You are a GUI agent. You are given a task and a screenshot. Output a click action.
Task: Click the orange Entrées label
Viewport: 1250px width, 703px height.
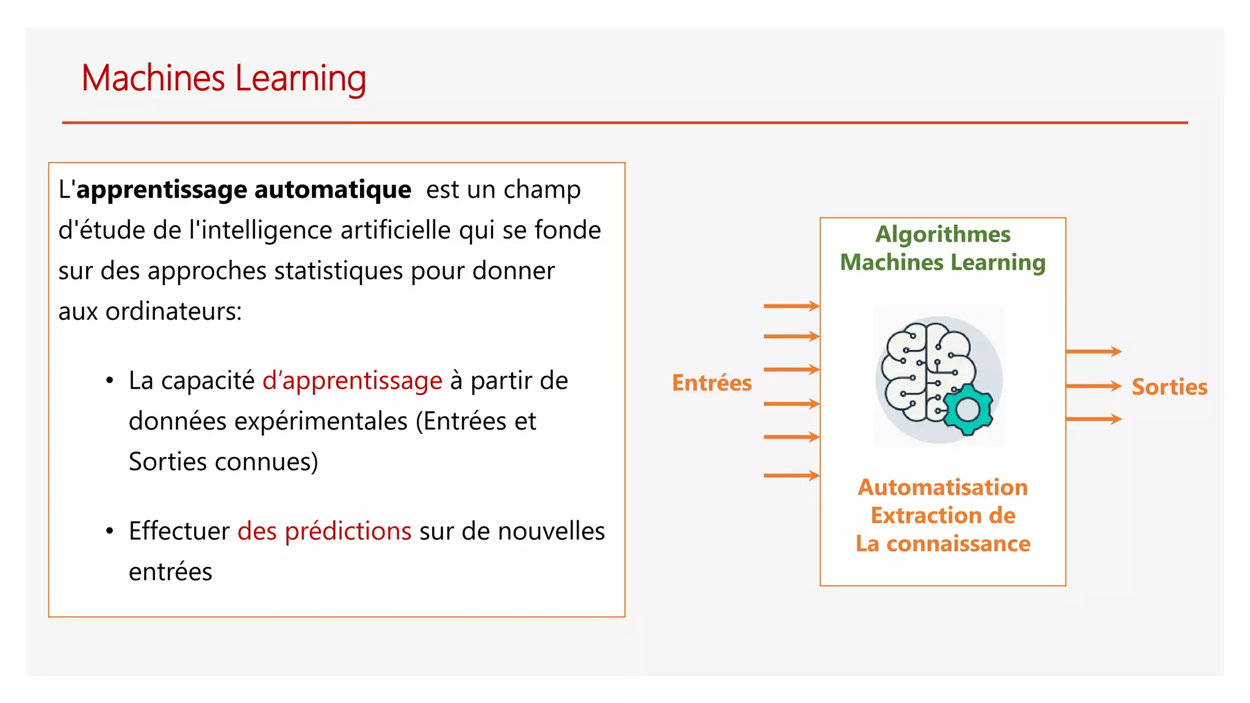(712, 383)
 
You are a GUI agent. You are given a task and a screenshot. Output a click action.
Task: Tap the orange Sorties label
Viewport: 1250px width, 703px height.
(1169, 387)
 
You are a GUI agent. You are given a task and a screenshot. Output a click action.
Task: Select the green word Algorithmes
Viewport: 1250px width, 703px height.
(942, 234)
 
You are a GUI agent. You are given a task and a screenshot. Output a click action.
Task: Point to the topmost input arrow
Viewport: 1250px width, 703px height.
(791, 306)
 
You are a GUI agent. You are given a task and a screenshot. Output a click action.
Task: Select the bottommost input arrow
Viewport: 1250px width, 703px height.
(791, 475)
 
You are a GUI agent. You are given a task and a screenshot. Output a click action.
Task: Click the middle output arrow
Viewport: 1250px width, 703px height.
(1093, 386)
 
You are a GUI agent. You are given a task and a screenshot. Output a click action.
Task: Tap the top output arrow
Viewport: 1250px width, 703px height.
(1093, 351)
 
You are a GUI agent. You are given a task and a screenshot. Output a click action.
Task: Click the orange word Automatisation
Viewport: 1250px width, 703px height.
(942, 487)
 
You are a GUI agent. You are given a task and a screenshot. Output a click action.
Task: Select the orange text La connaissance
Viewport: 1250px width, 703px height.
(942, 543)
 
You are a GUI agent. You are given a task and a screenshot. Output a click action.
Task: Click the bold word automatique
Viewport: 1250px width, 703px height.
(333, 190)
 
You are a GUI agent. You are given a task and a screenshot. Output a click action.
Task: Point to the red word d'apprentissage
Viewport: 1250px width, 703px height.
(352, 381)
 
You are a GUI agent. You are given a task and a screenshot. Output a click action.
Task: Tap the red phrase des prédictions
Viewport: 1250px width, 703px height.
(324, 531)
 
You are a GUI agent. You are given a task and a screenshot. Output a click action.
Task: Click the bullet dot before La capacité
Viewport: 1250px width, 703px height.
(110, 381)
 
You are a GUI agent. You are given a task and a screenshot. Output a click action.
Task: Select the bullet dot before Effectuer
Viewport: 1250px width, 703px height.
(110, 532)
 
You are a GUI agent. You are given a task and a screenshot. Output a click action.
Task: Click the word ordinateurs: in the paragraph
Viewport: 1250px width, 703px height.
(173, 312)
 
